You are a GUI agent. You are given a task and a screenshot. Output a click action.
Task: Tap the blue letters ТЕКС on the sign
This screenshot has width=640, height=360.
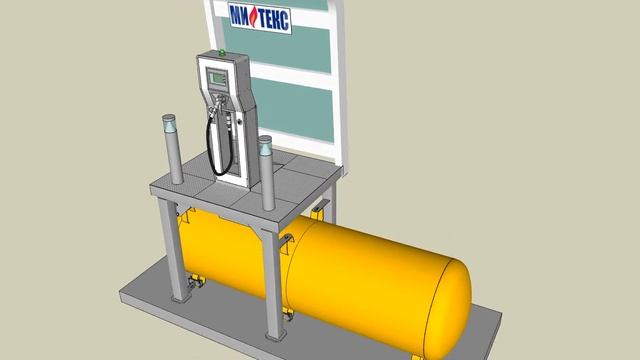(x=273, y=20)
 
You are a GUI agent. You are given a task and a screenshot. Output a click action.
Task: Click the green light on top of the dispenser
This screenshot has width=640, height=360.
(x=222, y=52)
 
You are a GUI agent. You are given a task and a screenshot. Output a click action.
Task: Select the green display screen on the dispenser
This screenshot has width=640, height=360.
(x=217, y=78)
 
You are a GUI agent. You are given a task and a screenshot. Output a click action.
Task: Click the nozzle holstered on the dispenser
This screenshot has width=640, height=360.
(x=216, y=104)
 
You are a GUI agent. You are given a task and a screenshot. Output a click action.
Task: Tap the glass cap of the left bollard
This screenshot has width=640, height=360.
(x=169, y=123)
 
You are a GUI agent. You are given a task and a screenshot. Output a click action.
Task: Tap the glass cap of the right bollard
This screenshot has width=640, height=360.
(x=265, y=146)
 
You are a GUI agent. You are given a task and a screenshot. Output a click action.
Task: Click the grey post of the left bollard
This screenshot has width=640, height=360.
(x=174, y=157)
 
